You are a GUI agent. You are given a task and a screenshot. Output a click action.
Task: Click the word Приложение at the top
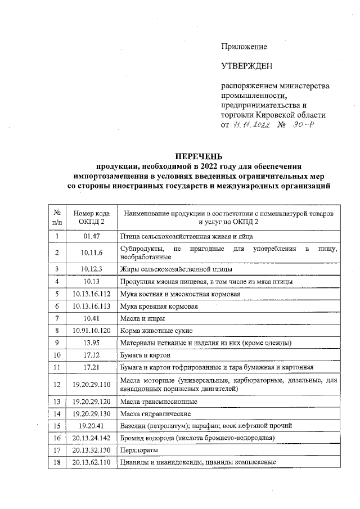pos(244,47)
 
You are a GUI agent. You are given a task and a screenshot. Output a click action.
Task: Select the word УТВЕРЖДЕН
pos(247,66)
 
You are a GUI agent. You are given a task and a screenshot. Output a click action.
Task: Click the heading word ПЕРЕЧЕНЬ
pos(199,156)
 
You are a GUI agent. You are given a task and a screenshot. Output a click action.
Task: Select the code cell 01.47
pos(91,237)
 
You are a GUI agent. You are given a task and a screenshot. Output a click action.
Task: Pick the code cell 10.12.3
pos(91,268)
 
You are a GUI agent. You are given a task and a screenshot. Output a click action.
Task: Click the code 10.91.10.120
pos(91,330)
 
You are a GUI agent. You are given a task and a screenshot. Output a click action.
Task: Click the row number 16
pos(57,438)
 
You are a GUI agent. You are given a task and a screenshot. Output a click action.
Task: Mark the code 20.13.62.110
pos(91,462)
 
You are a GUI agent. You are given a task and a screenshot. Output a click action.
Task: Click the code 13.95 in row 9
pos(91,343)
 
